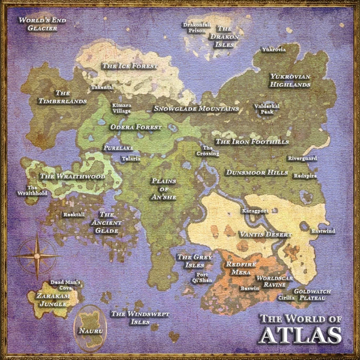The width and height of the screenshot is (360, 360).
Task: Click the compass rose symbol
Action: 37,255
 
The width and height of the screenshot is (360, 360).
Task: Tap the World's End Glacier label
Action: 38,24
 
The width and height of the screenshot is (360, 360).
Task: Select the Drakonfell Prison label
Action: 197,27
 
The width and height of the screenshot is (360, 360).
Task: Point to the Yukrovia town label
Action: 274,49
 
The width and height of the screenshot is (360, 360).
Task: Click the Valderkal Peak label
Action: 267,108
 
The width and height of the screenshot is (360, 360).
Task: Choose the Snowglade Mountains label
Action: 196,109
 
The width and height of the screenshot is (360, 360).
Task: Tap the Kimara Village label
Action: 122,108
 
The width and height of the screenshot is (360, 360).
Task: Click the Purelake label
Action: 118,148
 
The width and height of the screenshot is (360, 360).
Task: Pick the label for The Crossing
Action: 208,151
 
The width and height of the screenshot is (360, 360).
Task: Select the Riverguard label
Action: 302,158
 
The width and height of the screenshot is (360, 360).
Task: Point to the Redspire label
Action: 305,176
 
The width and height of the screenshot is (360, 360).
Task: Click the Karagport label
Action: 255,211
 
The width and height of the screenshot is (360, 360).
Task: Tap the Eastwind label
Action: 323,231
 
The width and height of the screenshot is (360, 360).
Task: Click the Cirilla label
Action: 286,297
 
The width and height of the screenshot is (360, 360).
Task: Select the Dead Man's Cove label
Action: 65,285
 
